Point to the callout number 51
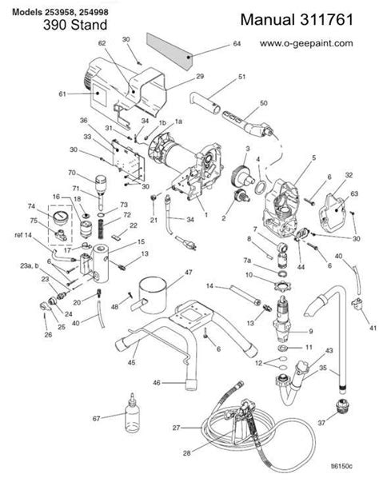point(240,78)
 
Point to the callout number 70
point(72,173)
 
